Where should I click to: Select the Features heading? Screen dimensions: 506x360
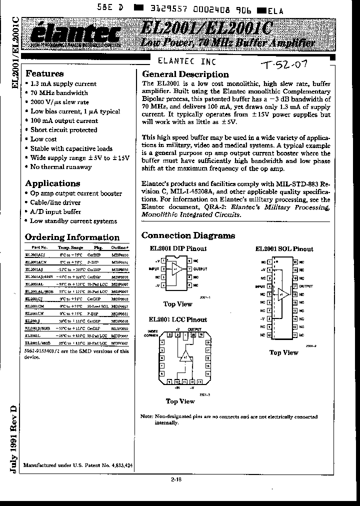click(44, 73)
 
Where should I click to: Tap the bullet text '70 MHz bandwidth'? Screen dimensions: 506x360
click(59, 93)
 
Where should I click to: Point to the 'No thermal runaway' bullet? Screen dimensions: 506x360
click(61, 167)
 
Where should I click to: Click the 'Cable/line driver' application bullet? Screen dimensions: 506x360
click(55, 202)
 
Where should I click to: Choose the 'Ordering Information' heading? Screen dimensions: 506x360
click(72, 237)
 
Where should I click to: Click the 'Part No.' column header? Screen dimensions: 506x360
click(39, 247)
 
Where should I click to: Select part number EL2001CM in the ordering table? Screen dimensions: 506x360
click(34, 305)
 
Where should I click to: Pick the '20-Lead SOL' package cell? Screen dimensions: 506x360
click(97, 305)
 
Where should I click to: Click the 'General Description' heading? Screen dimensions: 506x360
click(185, 74)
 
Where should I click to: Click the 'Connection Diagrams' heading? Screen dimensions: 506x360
click(188, 235)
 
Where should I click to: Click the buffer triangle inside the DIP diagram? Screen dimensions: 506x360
click(176, 268)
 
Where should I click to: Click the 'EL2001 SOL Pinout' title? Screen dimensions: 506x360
click(284, 249)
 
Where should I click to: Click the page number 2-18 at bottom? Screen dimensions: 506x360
click(176, 479)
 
